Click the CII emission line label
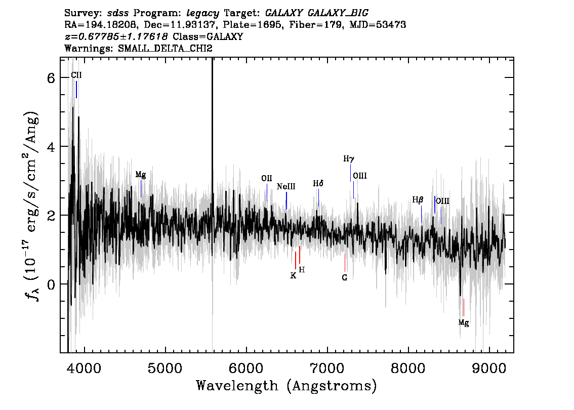(x=76, y=75)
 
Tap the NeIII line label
(x=286, y=187)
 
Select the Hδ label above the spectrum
(x=318, y=183)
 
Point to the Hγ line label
(x=349, y=159)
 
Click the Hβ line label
(x=418, y=200)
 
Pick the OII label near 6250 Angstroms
(x=266, y=178)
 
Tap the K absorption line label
(x=293, y=276)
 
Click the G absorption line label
(x=345, y=277)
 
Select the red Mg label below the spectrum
(x=464, y=323)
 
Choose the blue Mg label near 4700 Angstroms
(x=141, y=175)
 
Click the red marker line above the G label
(x=345, y=263)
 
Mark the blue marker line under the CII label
(x=76, y=90)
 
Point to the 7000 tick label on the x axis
(x=327, y=368)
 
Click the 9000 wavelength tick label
(x=488, y=368)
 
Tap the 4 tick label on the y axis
(x=51, y=147)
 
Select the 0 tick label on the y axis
(x=51, y=284)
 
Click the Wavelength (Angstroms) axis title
(x=286, y=386)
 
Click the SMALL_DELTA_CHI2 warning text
(x=165, y=49)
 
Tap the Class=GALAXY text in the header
(x=208, y=36)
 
